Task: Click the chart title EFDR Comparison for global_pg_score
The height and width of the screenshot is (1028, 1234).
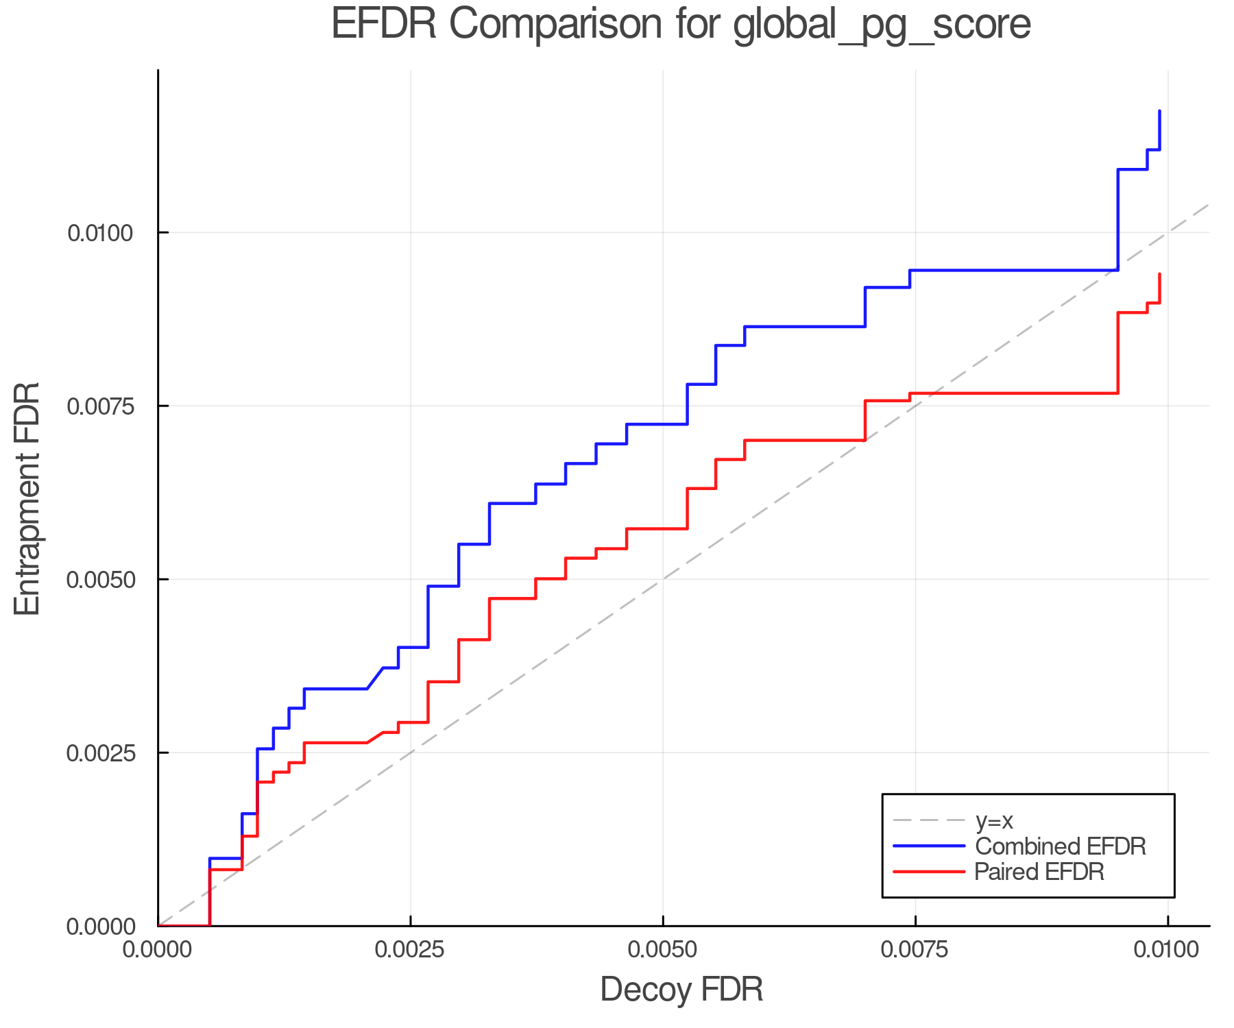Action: [x=681, y=25]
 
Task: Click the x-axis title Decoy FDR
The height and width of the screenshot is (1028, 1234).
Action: [x=681, y=990]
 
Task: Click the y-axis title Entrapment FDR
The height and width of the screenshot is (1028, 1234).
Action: [x=28, y=498]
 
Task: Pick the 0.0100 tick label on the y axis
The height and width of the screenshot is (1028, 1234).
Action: [x=99, y=233]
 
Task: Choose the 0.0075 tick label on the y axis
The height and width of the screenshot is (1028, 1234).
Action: [x=99, y=406]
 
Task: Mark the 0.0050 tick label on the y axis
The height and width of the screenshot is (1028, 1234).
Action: [x=99, y=580]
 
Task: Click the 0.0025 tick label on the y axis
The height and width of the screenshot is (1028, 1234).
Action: [x=99, y=753]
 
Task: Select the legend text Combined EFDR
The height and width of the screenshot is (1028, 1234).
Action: [x=1060, y=846]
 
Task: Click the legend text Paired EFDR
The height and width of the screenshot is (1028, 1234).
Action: [x=1039, y=872]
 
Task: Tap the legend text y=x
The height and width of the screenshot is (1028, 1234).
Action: [x=994, y=820]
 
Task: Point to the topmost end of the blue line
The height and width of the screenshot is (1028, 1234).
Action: [x=1159, y=110]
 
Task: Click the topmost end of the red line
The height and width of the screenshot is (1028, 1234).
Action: [x=1159, y=274]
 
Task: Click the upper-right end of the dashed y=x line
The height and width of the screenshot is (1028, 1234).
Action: [x=1209, y=204]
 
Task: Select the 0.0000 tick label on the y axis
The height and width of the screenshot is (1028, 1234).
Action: [x=101, y=927]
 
